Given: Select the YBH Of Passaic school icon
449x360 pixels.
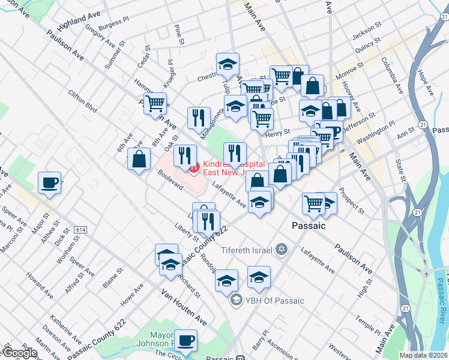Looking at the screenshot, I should click(x=237, y=301).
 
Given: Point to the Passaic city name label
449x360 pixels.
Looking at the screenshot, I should click(x=308, y=226).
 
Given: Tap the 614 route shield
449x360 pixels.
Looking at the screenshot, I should click(x=80, y=230).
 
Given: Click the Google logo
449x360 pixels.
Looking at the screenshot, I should click(x=19, y=352).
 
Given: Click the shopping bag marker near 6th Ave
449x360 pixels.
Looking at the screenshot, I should click(x=139, y=160).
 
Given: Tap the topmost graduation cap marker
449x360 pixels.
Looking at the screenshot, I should click(x=228, y=64).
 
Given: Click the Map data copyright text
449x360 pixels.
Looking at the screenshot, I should click(x=424, y=355).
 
